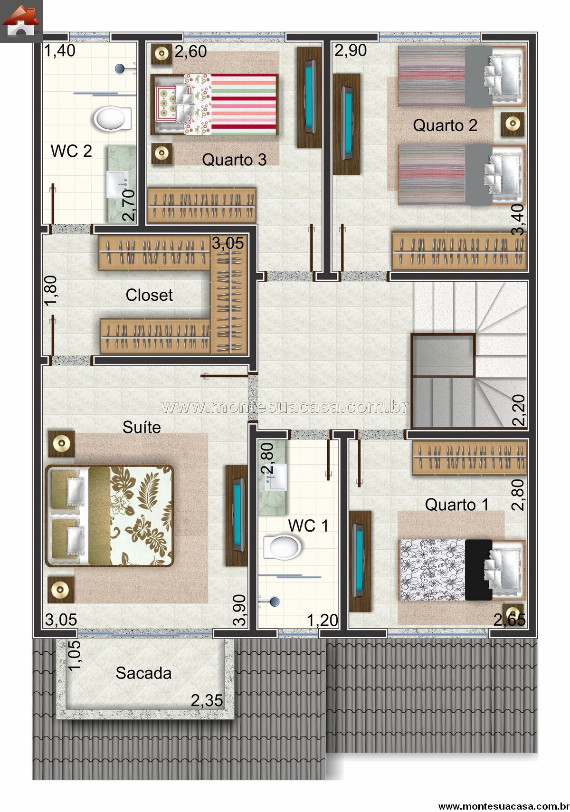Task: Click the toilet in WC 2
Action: pos(113,118)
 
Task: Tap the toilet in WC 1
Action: pos(282,547)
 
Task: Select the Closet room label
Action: pos(149,295)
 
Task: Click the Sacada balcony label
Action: pos(143,673)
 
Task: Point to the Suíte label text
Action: pos(142,427)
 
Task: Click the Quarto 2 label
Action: pos(445,125)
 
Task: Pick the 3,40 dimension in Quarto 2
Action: pos(518,220)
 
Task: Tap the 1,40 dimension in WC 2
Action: pos(60,51)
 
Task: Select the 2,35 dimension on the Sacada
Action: pos(207,701)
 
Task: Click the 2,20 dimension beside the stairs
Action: pos(519,410)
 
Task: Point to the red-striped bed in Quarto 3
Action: pos(214,105)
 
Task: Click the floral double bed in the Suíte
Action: pos(109,516)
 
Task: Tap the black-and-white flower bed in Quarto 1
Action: pos(462,570)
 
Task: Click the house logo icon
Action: pos(21,21)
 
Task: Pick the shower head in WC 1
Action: pos(275,602)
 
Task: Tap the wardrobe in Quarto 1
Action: pos(469,458)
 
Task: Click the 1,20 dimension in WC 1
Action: pos(323,621)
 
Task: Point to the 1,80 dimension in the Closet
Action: pos(51,291)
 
